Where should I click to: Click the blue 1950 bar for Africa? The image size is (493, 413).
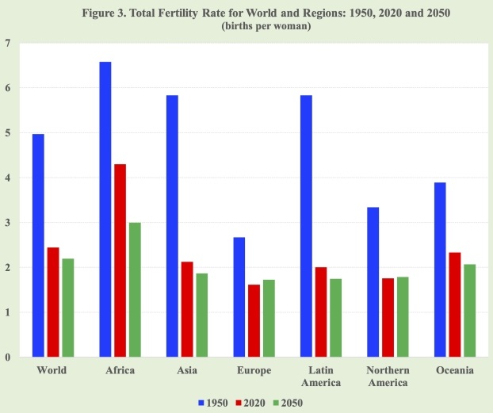pyautogui.click(x=105, y=209)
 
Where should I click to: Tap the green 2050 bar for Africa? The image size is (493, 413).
pyautogui.click(x=136, y=289)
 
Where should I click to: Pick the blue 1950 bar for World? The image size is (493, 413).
pyautogui.click(x=38, y=245)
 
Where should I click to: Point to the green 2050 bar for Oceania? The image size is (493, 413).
pyautogui.click(x=470, y=310)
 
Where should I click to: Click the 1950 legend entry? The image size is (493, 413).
pyautogui.click(x=210, y=403)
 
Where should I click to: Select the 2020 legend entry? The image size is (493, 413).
pyautogui.click(x=250, y=403)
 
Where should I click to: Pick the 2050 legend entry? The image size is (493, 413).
pyautogui.click(x=291, y=403)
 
